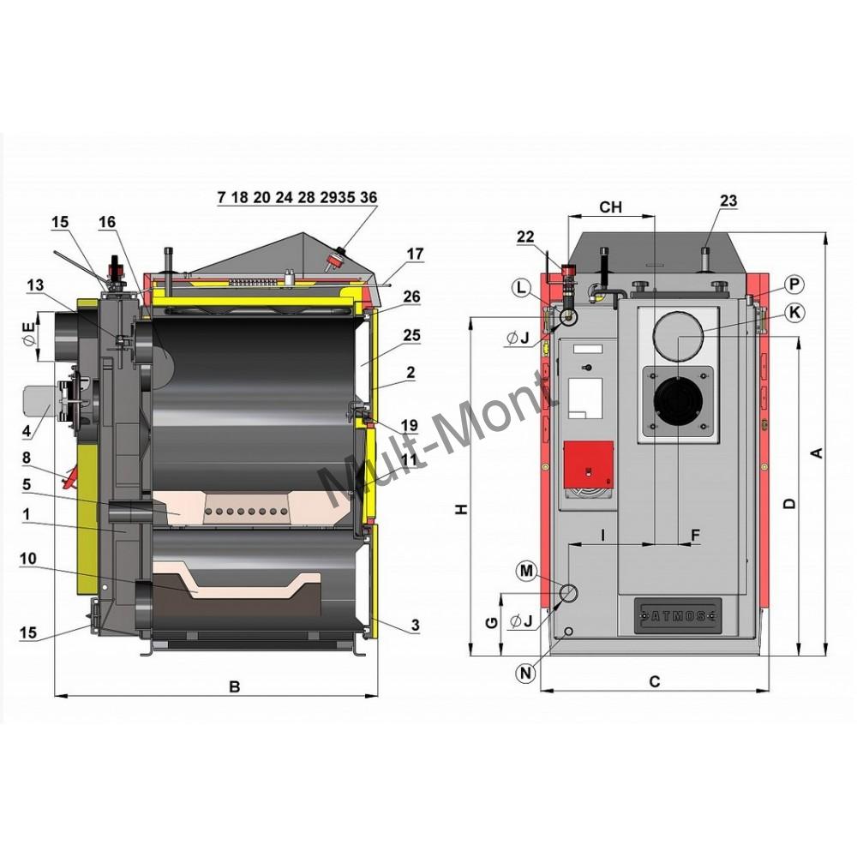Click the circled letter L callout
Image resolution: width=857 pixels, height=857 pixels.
click(522, 290)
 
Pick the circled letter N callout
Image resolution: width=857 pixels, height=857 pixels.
click(526, 673)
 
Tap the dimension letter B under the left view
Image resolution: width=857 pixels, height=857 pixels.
click(233, 686)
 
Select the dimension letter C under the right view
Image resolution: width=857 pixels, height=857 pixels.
click(654, 682)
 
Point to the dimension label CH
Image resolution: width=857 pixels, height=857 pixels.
click(610, 207)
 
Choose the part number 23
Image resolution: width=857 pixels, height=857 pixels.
click(728, 201)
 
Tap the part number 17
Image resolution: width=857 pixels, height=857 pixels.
click(415, 254)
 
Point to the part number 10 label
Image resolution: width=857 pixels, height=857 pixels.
click(28, 558)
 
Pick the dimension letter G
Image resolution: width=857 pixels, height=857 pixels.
click(489, 623)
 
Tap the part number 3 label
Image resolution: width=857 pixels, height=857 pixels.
click(415, 626)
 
